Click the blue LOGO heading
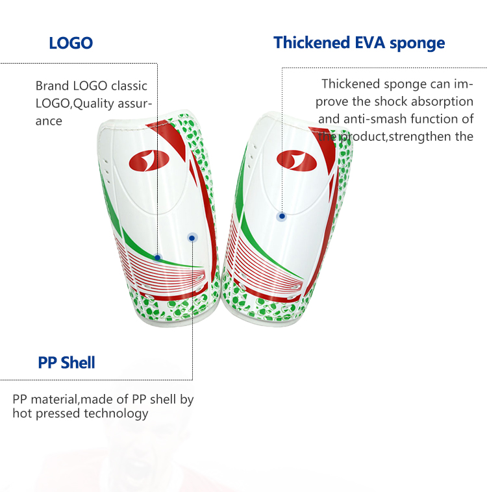[x=71, y=43]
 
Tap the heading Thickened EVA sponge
[x=359, y=43]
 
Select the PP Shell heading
[x=66, y=362]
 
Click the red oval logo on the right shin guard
[x=296, y=161]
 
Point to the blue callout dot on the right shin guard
[x=282, y=216]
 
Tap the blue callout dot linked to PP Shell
[x=192, y=238]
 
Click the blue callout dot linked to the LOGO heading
[x=157, y=258]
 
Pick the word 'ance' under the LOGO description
[x=49, y=121]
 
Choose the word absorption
[x=442, y=102]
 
